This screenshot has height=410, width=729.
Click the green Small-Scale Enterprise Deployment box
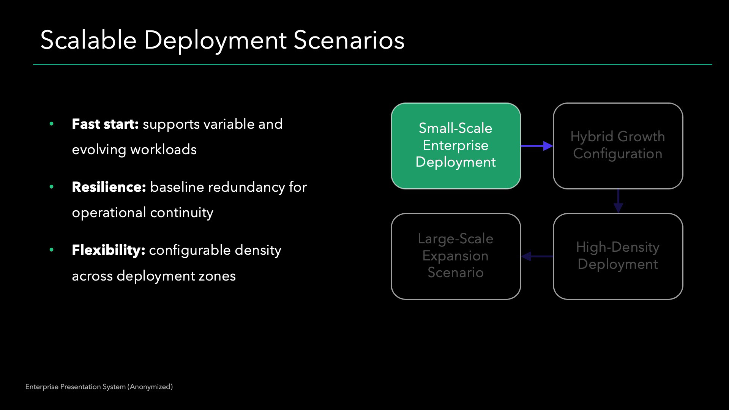[456, 146]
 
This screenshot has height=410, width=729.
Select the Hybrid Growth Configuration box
[618, 146]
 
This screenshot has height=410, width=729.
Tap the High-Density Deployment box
[618, 256]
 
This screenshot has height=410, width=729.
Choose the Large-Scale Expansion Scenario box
[456, 256]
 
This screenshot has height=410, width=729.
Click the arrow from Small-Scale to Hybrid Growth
[536, 146]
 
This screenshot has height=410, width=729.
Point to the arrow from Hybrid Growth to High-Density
[618, 201]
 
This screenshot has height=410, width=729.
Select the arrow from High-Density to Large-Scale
[537, 257]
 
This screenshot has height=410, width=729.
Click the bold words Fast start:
[105, 124]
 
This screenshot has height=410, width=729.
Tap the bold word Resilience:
[109, 187]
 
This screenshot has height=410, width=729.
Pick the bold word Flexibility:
[108, 250]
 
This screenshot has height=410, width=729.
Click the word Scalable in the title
[88, 40]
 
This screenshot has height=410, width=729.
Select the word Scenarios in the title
[349, 40]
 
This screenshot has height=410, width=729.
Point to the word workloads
[163, 150]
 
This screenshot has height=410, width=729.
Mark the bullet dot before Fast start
[52, 124]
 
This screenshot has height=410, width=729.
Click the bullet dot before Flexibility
[52, 250]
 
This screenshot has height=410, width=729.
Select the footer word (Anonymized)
[150, 387]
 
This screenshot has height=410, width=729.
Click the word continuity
[181, 213]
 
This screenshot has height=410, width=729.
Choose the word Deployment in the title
[215, 40]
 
